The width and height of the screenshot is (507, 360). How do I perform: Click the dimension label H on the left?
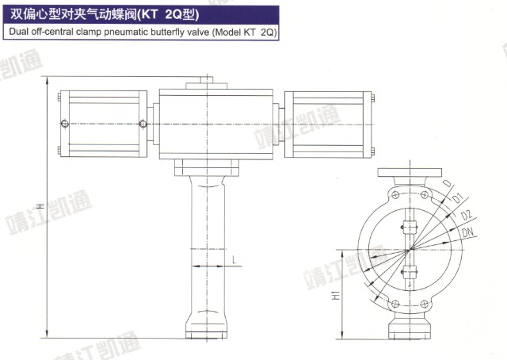[40, 205]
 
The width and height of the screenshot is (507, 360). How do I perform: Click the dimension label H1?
[337, 295]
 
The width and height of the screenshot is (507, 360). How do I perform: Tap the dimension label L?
[234, 259]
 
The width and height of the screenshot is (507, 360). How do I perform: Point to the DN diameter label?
[467, 232]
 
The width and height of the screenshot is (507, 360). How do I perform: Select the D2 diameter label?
[467, 215]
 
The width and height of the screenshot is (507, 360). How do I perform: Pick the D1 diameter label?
[458, 197]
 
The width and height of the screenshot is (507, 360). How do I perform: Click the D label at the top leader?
[447, 183]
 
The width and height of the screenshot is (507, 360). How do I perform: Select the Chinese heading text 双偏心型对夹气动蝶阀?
[74, 14]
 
